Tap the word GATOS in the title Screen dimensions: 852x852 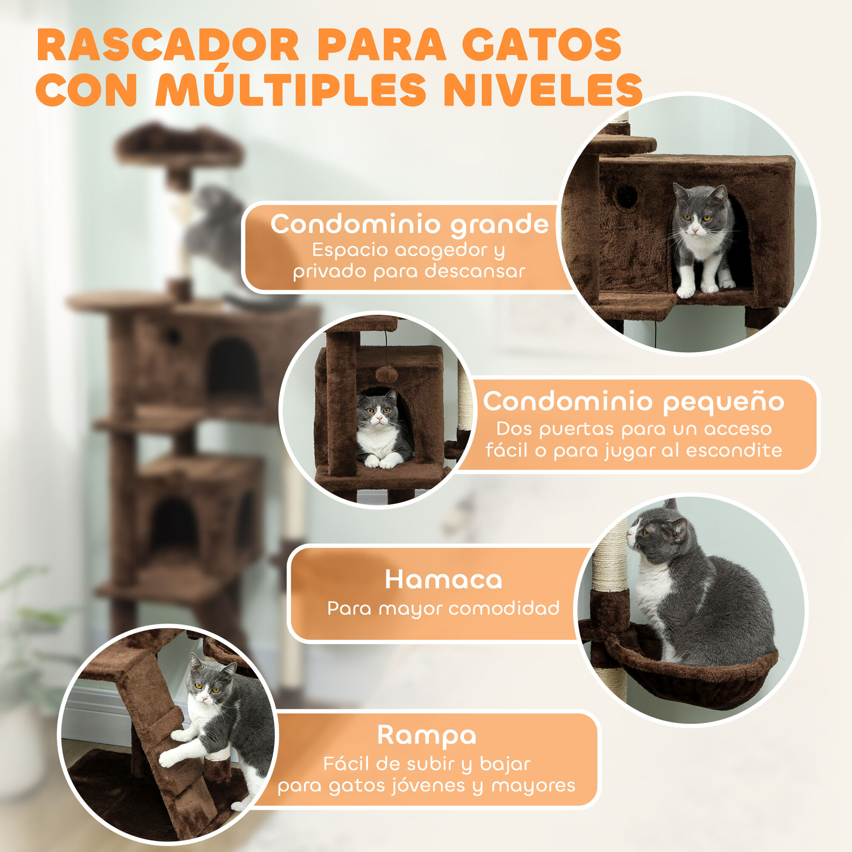click(541, 45)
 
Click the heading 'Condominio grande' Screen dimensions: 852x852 click(409, 225)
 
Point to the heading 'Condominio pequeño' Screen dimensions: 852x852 click(634, 402)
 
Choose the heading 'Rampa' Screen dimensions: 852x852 click(426, 735)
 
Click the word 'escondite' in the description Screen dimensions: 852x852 click(734, 450)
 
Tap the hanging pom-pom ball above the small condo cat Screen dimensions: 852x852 click(386, 376)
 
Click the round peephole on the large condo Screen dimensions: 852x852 click(626, 195)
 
